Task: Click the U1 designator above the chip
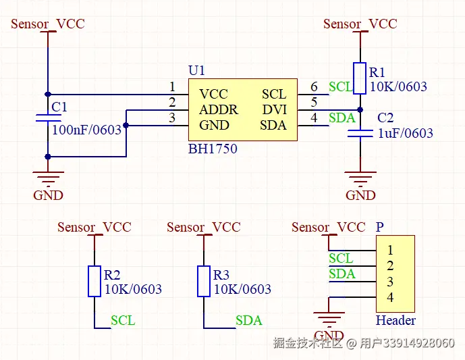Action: point(196,71)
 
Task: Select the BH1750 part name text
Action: point(213,149)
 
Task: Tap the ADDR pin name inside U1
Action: point(218,109)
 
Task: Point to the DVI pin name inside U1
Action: point(275,109)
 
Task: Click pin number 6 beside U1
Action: point(314,87)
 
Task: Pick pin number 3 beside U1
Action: point(172,118)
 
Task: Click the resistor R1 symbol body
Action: point(360,78)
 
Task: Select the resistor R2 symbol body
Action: point(95,281)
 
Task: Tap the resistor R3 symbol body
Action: point(204,281)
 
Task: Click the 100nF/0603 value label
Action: point(86,130)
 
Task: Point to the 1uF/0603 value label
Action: point(405,133)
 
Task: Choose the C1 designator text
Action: point(59,107)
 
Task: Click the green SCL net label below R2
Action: point(123,320)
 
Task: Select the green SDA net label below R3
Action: point(248,320)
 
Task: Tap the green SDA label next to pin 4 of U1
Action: point(341,118)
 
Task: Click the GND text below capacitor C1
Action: point(48,195)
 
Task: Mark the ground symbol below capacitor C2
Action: point(360,177)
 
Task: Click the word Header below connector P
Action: point(395,320)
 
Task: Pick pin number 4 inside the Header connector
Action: point(390,298)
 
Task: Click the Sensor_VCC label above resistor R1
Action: point(360,24)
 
